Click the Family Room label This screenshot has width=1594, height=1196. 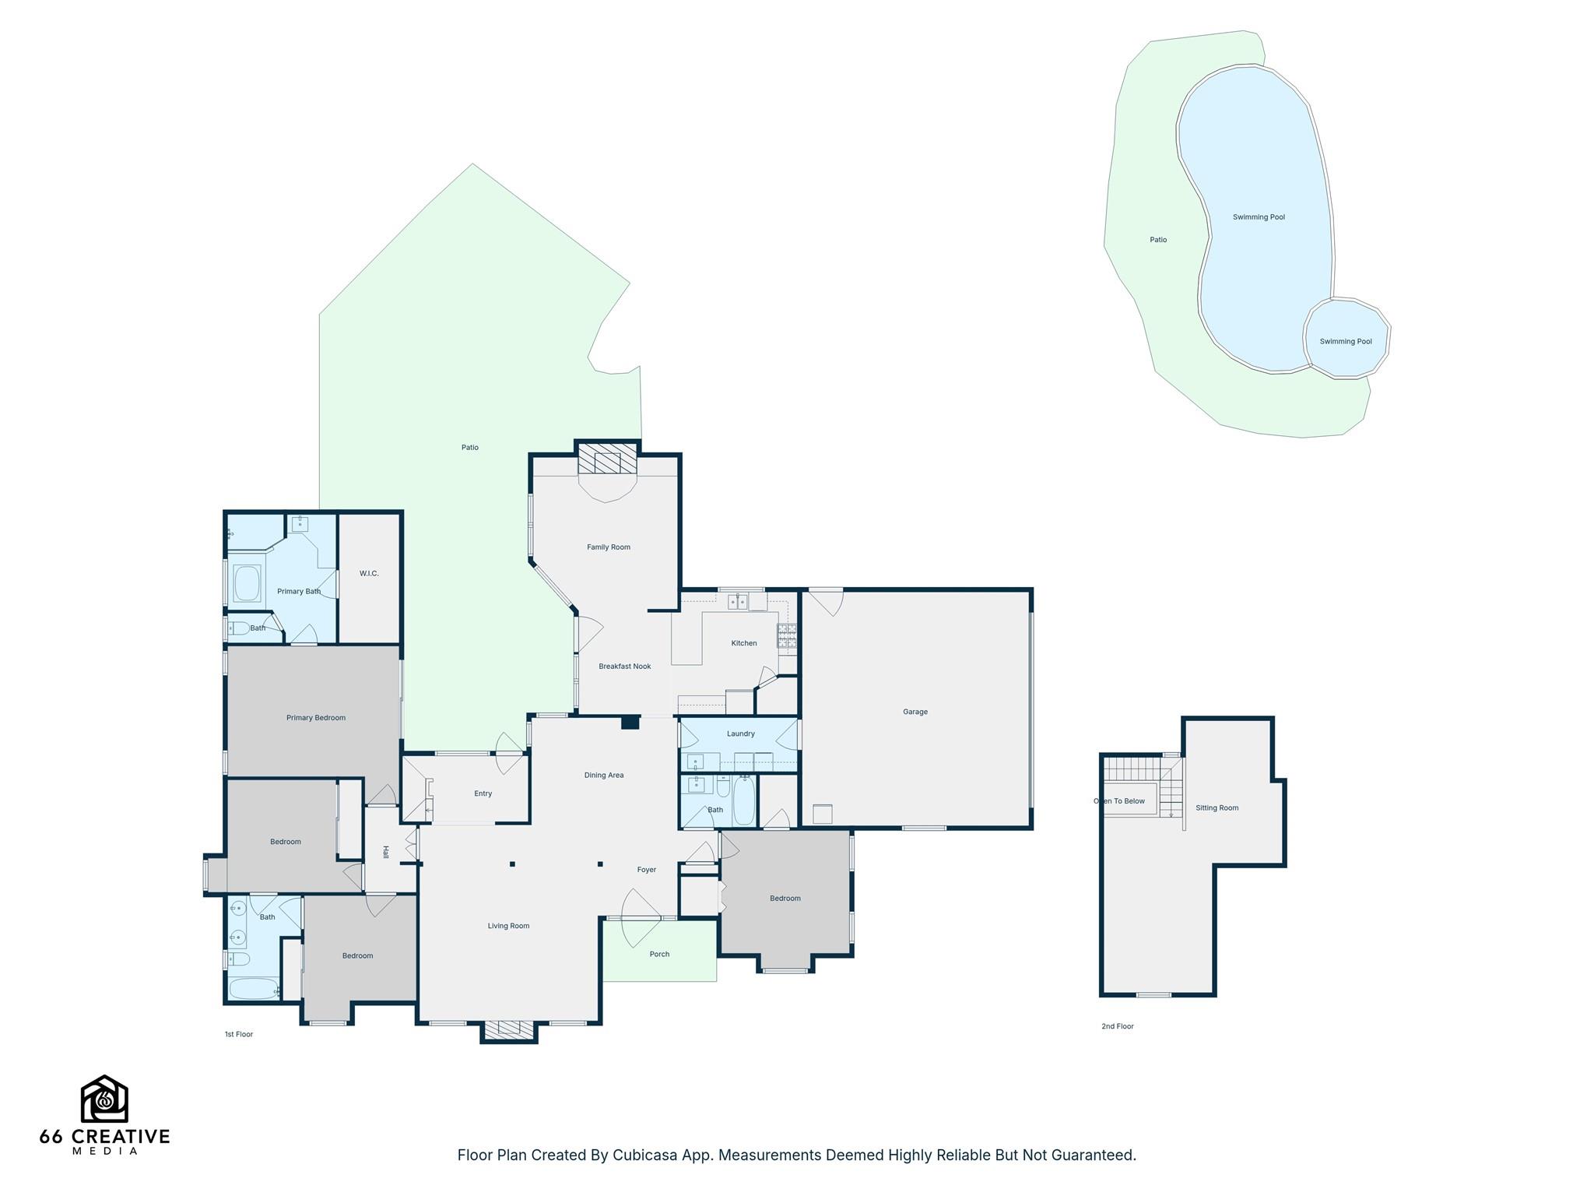coord(608,547)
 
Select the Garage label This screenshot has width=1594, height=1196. coord(915,712)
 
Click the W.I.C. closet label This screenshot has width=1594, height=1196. coord(369,574)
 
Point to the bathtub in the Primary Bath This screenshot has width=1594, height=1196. coord(247,584)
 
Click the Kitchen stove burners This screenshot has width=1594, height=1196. coord(787,636)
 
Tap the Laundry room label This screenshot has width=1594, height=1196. coord(740,733)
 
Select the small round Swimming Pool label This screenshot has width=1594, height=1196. coord(1345,342)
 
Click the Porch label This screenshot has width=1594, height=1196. coord(658,954)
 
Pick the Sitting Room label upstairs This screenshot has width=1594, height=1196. coord(1217,808)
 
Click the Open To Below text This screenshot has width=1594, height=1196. coord(1119,801)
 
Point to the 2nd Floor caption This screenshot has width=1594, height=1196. coord(1117,1026)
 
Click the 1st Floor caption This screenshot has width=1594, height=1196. coord(239,1034)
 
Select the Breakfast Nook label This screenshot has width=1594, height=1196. coord(624,667)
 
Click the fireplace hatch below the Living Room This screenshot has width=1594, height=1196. coord(509,1030)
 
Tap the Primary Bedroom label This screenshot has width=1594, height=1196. coord(315,718)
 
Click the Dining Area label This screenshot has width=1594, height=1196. coord(604,776)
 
